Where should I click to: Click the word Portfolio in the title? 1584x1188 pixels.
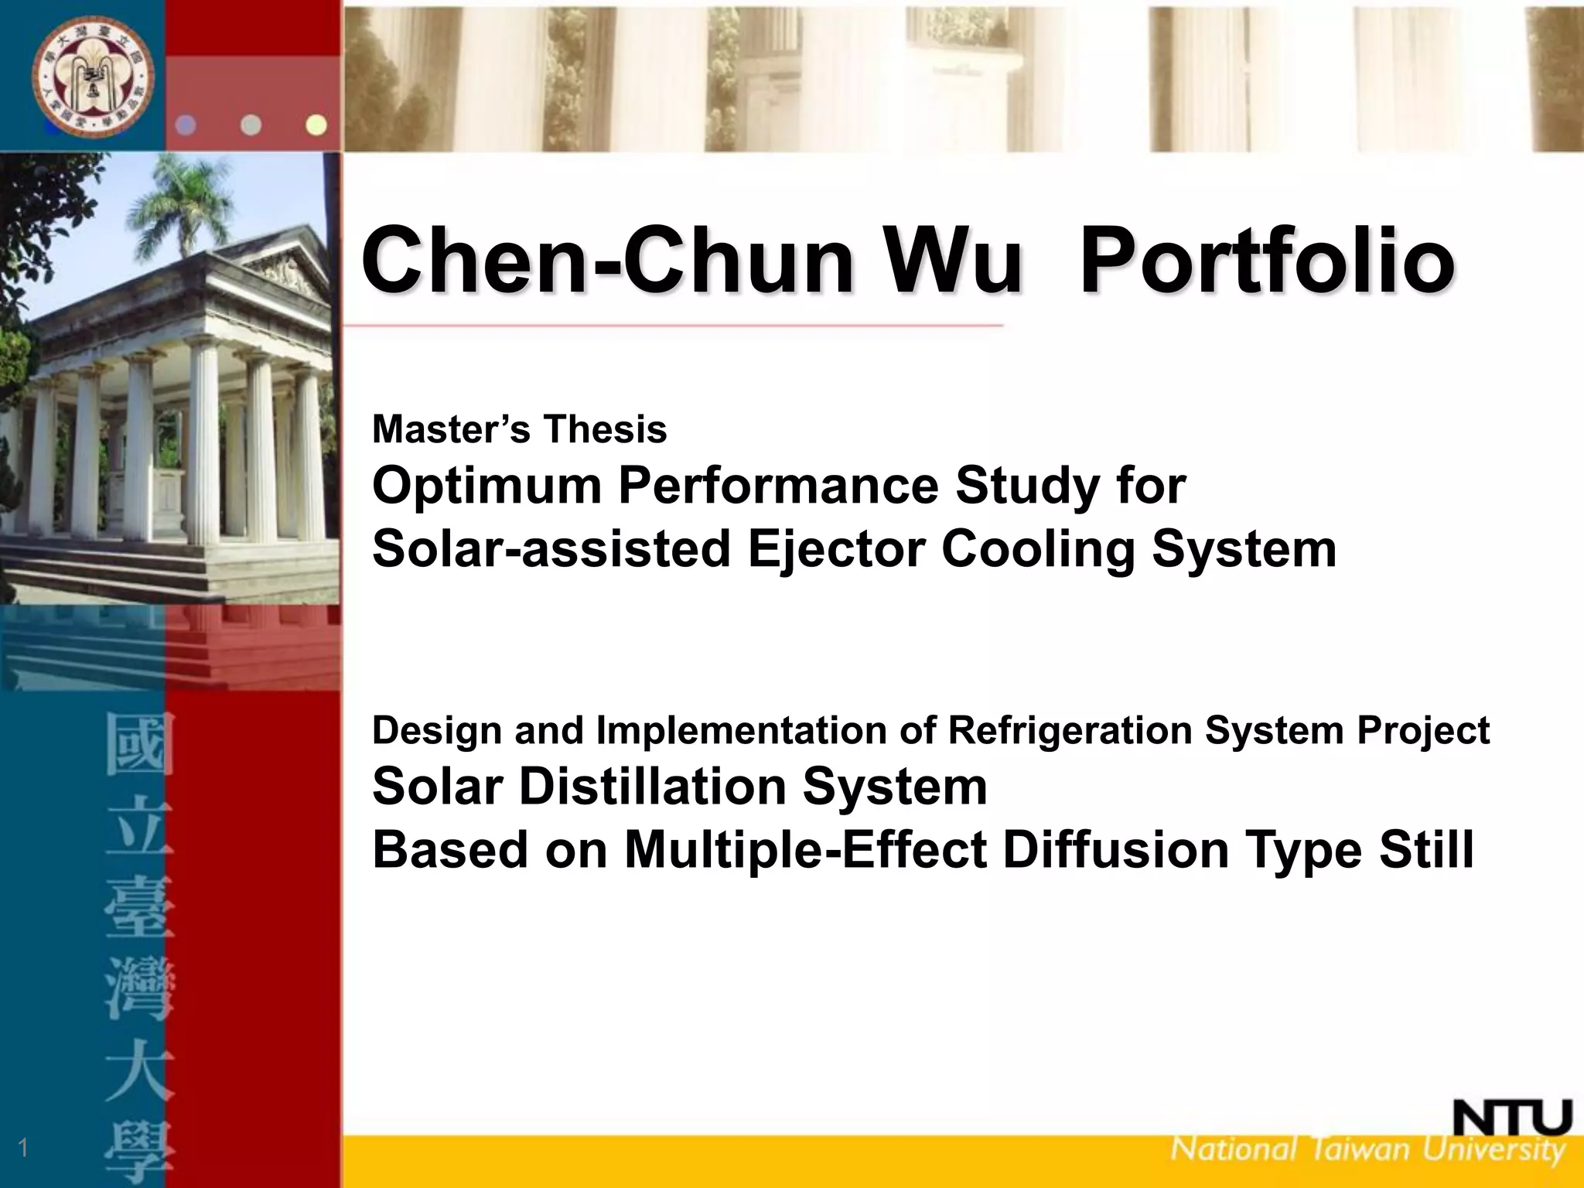tap(1266, 260)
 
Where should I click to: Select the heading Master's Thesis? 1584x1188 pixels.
tap(519, 429)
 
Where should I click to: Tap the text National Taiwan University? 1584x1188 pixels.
tap(1367, 1149)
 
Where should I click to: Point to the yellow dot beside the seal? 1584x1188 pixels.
tap(316, 125)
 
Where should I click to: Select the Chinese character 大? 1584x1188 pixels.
tap(140, 1075)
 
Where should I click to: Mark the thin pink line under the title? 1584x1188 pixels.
tap(673, 326)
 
